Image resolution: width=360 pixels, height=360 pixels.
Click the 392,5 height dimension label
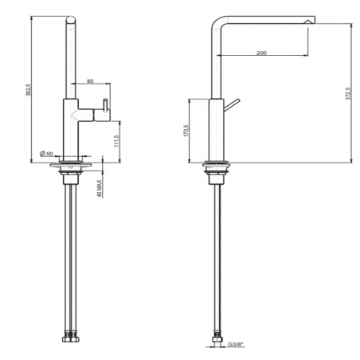(x=29, y=90)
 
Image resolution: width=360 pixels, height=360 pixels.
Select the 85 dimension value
(x=90, y=80)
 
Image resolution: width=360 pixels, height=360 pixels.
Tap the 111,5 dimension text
(x=117, y=141)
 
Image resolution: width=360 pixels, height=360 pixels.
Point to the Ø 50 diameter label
(x=46, y=154)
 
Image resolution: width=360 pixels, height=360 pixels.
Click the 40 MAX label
(x=100, y=188)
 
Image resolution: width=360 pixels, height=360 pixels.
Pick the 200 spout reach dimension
(x=261, y=53)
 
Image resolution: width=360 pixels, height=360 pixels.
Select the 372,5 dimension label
(x=348, y=94)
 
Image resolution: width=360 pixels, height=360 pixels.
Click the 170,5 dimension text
(x=186, y=131)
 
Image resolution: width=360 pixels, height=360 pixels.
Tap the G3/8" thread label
(x=235, y=344)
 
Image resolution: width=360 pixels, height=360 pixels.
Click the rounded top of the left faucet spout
(x=71, y=19)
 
